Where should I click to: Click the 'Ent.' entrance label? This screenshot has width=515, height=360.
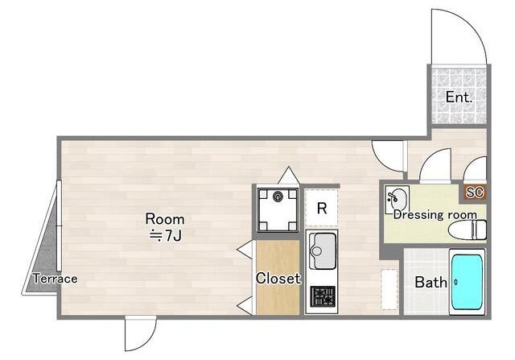tap(459, 97)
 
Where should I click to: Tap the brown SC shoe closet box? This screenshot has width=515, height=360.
tap(475, 192)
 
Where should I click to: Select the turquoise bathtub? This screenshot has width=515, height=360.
tap(467, 282)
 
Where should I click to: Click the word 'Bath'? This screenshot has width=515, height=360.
tap(431, 282)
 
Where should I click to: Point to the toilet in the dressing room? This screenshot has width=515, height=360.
tap(468, 230)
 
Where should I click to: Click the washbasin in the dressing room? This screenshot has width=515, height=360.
tap(397, 199)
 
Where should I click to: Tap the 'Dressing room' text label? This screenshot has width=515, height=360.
tap(435, 215)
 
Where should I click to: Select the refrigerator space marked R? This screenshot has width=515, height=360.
tap(322, 208)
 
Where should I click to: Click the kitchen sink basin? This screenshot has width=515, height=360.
tap(323, 250)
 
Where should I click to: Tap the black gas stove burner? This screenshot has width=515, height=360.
tap(323, 296)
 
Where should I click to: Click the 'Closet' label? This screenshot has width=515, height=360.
tap(278, 278)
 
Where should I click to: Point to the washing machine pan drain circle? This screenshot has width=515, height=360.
tap(278, 197)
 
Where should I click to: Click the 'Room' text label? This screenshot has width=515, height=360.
tap(165, 219)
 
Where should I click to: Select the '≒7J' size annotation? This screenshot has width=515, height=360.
tap(166, 236)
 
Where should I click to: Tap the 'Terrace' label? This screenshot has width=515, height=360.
tap(56, 279)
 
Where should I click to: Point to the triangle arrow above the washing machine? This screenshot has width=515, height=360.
tap(288, 176)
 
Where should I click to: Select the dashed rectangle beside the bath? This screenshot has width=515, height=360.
tap(389, 289)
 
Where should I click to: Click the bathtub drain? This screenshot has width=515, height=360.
tap(456, 282)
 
